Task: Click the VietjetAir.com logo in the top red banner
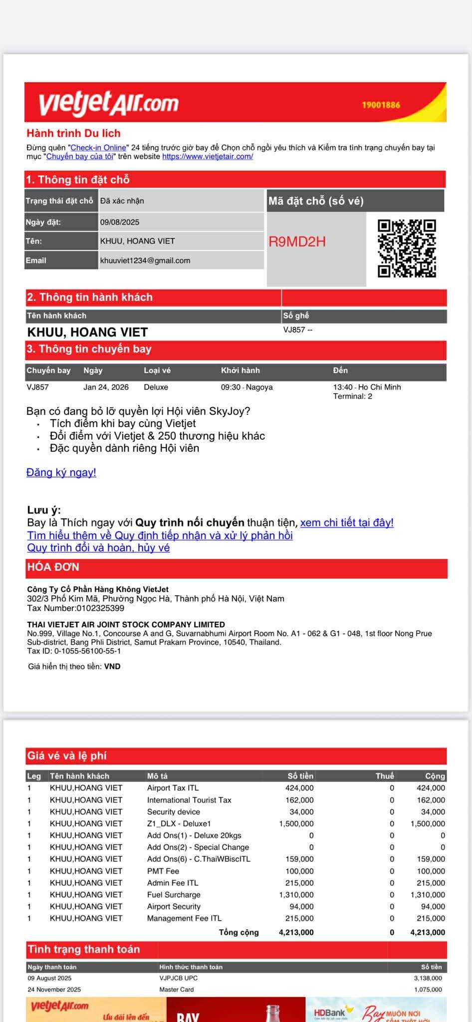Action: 109,103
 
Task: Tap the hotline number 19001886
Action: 381,105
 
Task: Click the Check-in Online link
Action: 98,148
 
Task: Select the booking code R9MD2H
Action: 297,242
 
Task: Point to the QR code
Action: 407,248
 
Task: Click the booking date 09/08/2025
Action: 120,222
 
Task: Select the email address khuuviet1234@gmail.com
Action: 145,260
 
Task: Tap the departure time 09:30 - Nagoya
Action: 246,387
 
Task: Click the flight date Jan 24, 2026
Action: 106,387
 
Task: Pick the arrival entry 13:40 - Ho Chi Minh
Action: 367,387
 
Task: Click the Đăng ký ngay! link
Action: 61,473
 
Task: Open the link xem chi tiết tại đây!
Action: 347,522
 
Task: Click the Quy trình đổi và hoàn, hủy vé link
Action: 98,548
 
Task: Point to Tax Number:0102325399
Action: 75,608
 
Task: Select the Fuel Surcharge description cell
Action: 174,895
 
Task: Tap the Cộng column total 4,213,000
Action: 427,932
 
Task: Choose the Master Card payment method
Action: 177,990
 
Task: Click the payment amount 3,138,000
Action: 428,978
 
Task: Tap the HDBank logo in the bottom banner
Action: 330,1013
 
